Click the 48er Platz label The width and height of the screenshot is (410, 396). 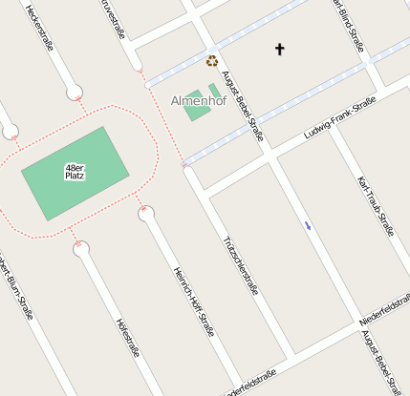[x=75, y=173]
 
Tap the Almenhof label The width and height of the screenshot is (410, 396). [x=198, y=100]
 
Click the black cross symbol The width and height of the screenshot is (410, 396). [x=280, y=49]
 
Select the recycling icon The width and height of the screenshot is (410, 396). [x=212, y=61]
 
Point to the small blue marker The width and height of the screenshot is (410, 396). [x=307, y=225]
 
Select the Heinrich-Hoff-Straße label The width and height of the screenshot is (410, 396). [x=191, y=302]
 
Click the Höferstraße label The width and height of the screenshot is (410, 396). [x=127, y=336]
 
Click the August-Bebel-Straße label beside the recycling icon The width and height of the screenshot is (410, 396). [x=242, y=105]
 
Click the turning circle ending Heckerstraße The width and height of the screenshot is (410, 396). [x=75, y=93]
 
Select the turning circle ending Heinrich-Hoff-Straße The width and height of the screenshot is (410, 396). [x=146, y=213]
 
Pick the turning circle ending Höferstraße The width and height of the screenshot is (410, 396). [x=81, y=249]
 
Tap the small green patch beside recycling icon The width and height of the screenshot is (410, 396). [x=215, y=91]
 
